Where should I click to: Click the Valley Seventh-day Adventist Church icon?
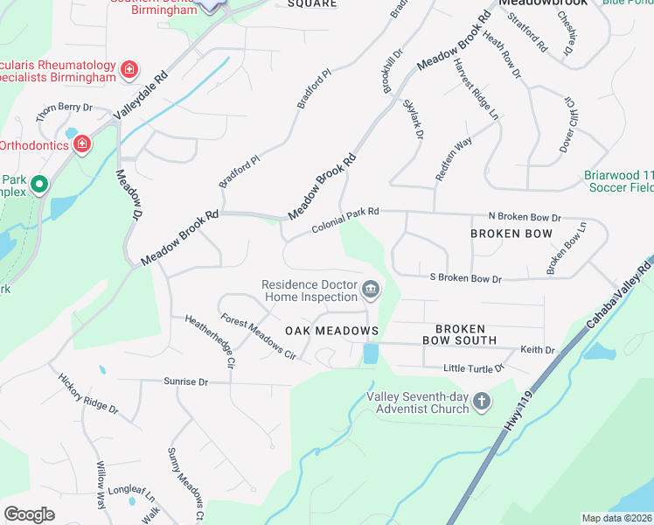[481, 402]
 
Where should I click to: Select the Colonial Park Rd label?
[345, 220]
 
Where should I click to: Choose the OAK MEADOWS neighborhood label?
[331, 332]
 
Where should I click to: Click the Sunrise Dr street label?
[185, 382]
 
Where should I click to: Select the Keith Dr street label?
[538, 350]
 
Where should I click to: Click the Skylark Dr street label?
[414, 120]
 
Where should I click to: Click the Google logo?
[29, 514]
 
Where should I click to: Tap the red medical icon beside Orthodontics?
[82, 143]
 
